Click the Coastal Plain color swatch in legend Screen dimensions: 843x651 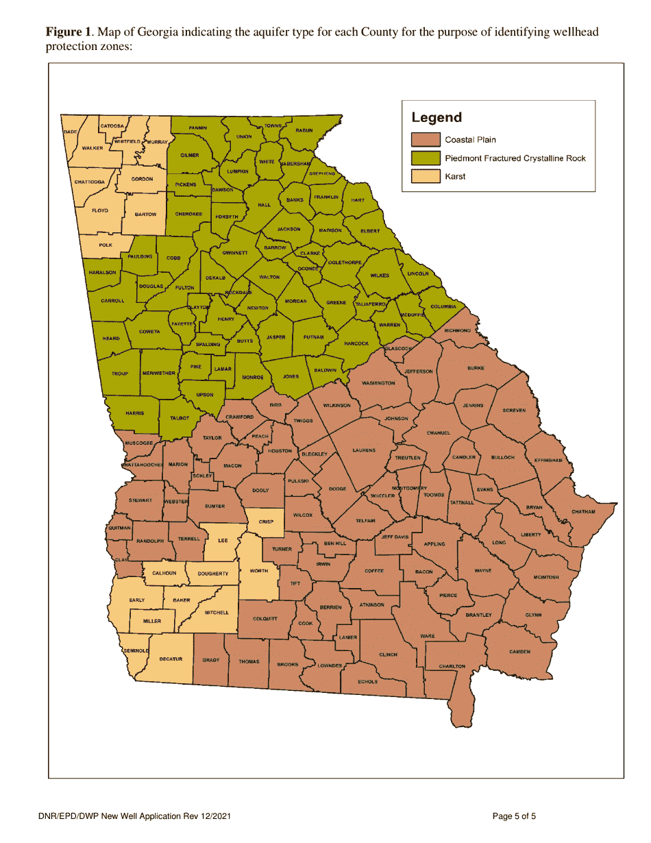pyautogui.click(x=425, y=140)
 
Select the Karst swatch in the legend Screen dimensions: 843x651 pyautogui.click(x=425, y=176)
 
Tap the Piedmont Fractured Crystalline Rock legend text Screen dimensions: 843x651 pyautogui.click(x=515, y=158)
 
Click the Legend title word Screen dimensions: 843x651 pyautogui.click(x=437, y=118)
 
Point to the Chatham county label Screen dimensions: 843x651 pyautogui.click(x=583, y=512)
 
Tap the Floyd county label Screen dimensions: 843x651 pyautogui.click(x=100, y=210)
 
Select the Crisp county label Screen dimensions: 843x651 pyautogui.click(x=266, y=522)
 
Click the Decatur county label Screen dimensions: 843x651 pyautogui.click(x=171, y=659)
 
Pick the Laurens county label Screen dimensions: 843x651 pyautogui.click(x=364, y=450)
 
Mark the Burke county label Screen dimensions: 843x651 pyautogui.click(x=476, y=368)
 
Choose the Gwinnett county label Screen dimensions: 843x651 pyautogui.click(x=234, y=253)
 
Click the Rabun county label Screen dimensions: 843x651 pyautogui.click(x=304, y=130)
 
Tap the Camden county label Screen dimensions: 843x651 pyautogui.click(x=520, y=651)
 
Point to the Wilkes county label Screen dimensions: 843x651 pyautogui.click(x=380, y=276)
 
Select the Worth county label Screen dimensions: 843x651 pyautogui.click(x=258, y=571)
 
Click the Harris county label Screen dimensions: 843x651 pyautogui.click(x=134, y=413)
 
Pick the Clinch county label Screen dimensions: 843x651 pyautogui.click(x=388, y=655)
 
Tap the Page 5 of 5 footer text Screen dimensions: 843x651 pyautogui.click(x=514, y=816)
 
